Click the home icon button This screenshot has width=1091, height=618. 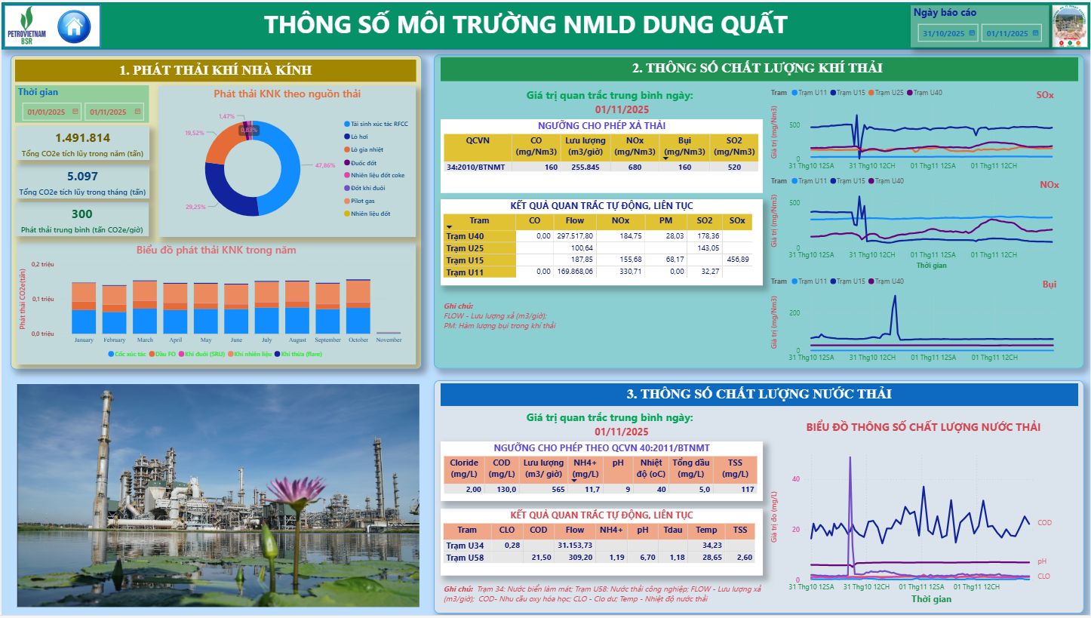pos(74,27)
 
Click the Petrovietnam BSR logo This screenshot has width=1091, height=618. pos(26,26)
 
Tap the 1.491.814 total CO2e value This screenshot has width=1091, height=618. pos(83,137)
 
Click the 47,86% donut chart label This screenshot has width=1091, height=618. pos(324,165)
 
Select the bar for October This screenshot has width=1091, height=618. pos(358,306)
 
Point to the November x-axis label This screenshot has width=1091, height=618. pos(389,340)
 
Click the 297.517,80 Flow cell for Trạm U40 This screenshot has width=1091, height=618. pos(575,236)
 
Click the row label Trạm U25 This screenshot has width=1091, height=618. pos(465,248)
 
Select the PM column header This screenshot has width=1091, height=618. pos(665,221)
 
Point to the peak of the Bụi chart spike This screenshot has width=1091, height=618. pos(896,296)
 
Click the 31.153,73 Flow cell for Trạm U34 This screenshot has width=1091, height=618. pos(575,546)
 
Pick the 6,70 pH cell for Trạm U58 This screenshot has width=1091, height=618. pos(642,558)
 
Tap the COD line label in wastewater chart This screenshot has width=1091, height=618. pos(1044,523)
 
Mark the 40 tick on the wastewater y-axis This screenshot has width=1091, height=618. pos(795,479)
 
